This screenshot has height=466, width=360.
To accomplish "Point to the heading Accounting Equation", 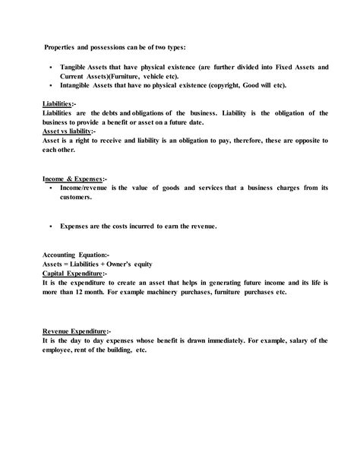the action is [x=75, y=255].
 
